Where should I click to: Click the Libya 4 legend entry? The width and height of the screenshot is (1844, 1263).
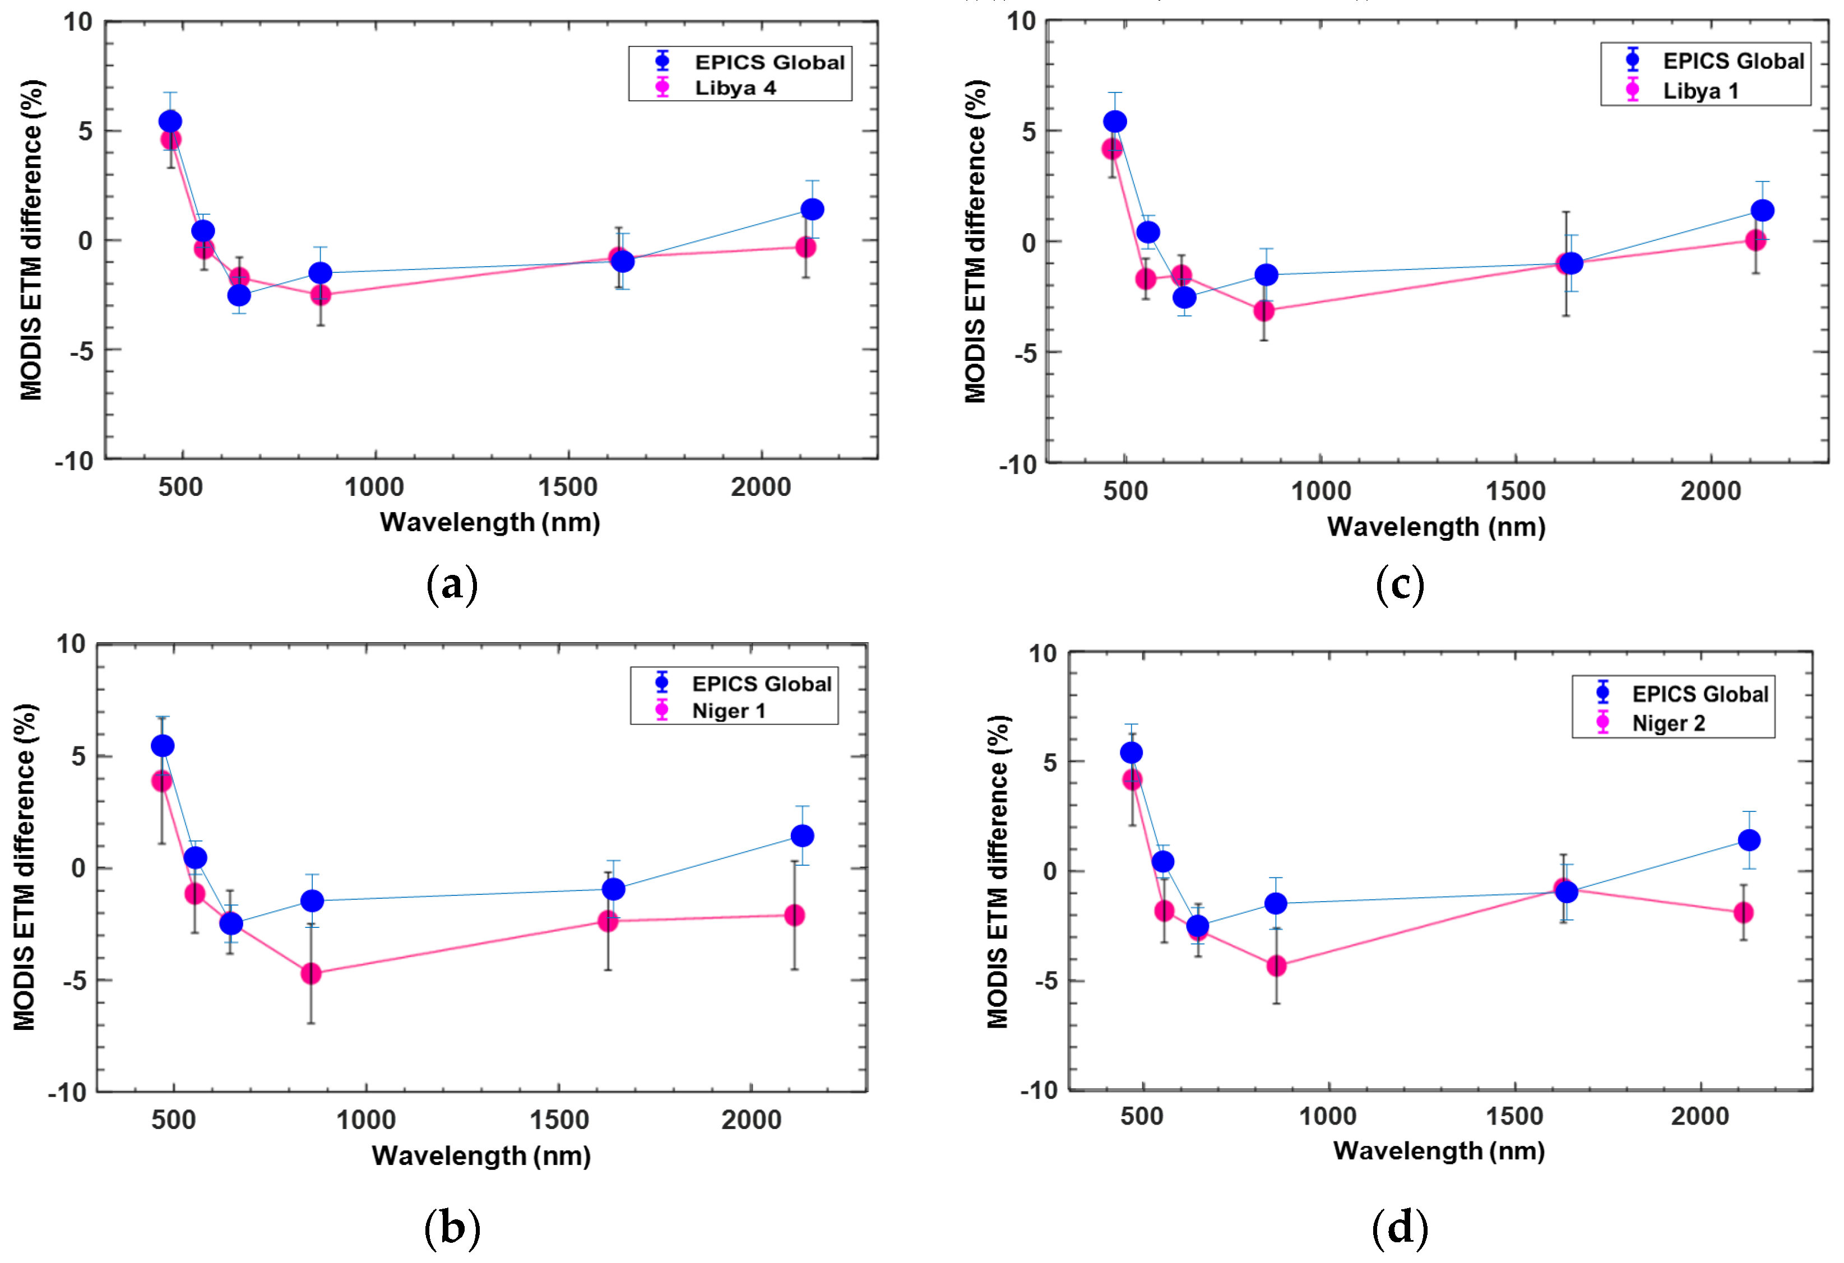click(735, 88)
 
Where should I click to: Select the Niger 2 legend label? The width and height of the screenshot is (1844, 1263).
click(1668, 723)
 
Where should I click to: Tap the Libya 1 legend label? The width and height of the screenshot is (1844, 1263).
click(1701, 91)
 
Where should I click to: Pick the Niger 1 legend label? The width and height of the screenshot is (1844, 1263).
click(729, 711)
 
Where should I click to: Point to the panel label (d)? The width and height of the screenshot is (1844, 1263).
click(1400, 1227)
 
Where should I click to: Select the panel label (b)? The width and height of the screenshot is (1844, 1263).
click(452, 1227)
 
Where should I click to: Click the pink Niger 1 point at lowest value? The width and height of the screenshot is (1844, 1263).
click(311, 973)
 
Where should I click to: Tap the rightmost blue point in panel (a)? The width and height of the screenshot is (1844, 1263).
click(812, 210)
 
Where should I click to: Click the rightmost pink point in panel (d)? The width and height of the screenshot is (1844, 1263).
click(1743, 912)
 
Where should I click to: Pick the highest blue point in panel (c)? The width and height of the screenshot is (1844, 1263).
click(1115, 122)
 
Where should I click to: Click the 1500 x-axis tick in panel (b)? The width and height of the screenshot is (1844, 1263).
click(559, 1120)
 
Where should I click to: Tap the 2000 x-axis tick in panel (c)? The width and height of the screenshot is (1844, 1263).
click(1711, 491)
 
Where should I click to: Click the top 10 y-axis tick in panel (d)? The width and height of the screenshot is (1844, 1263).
click(1043, 654)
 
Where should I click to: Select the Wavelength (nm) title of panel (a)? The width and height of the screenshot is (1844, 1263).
click(489, 522)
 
